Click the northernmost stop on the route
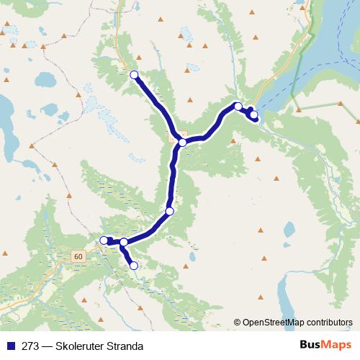point(133,74)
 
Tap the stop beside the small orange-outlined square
point(183,143)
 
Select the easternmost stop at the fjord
point(253,114)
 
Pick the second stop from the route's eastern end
point(238,107)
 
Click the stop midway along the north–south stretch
point(170,211)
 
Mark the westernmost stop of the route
point(104,240)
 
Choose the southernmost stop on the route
point(133,266)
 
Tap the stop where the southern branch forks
point(124,243)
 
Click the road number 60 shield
point(78,256)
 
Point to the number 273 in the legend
point(30,346)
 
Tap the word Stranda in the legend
point(118,346)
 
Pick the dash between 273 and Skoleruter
point(45,346)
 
